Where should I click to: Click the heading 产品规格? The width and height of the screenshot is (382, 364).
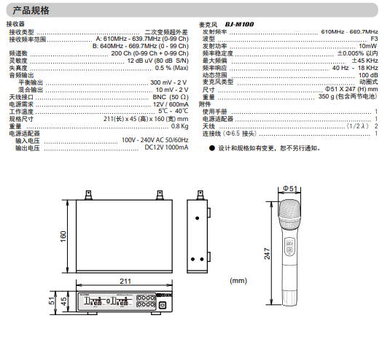coord(31,10)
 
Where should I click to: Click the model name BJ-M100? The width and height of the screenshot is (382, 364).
coord(239,24)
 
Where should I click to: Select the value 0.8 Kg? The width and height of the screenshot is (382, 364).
coord(179,126)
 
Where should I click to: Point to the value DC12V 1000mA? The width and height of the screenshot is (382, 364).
coord(166,147)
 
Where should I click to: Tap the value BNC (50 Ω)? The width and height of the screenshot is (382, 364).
coord(171,97)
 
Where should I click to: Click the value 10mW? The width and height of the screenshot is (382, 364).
coord(368,46)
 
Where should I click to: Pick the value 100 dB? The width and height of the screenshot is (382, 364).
coord(368,75)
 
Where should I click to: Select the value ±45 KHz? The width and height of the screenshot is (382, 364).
coord(365,61)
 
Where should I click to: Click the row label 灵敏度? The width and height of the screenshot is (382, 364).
coord(18,61)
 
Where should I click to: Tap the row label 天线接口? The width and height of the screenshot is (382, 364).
coord(21,97)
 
